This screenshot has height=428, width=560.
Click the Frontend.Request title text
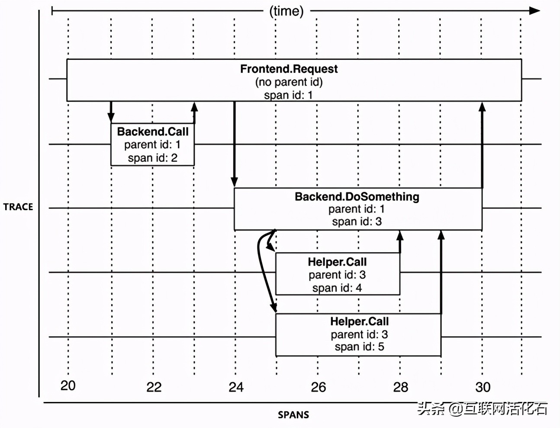click(289, 69)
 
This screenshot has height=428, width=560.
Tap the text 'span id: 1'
click(288, 95)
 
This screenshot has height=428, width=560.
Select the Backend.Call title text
click(152, 132)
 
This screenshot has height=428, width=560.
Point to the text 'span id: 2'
click(152, 158)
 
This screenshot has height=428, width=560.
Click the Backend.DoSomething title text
click(357, 197)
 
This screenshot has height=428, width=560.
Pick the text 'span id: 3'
click(357, 222)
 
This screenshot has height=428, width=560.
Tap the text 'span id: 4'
click(337, 288)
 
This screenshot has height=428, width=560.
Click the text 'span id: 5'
click(359, 347)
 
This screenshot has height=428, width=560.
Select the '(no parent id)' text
click(289, 82)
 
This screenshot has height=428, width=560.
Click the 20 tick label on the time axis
click(68, 386)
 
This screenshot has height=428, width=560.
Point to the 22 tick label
click(154, 387)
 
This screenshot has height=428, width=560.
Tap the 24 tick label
click(236, 387)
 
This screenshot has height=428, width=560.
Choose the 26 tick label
click(318, 387)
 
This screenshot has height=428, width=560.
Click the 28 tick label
click(400, 387)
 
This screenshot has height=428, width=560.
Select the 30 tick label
click(483, 387)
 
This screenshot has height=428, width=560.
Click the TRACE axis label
click(18, 207)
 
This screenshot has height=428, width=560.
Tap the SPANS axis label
click(293, 415)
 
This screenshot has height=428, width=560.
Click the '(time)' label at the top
click(286, 11)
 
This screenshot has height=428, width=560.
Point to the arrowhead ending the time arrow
click(535, 11)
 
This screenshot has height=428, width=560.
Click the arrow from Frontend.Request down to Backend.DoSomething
click(234, 143)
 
